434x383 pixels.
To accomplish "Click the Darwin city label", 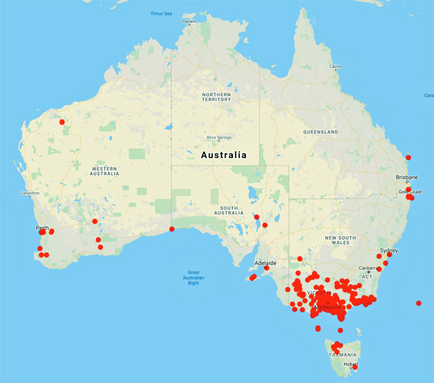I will click(x=189, y=21).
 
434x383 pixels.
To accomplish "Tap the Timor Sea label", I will click(x=161, y=14).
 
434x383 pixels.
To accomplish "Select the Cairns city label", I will click(x=335, y=67).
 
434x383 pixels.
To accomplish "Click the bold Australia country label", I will click(x=222, y=155).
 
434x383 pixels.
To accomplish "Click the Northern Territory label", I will click(x=216, y=98).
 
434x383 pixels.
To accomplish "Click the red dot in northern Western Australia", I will click(x=62, y=122).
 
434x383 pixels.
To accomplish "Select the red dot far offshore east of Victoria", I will click(x=419, y=303).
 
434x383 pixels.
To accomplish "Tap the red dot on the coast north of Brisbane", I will click(x=409, y=157).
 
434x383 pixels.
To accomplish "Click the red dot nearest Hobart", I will click(x=354, y=367).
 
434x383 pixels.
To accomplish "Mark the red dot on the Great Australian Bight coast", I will click(x=171, y=230).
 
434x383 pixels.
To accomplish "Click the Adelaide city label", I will click(x=264, y=263).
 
